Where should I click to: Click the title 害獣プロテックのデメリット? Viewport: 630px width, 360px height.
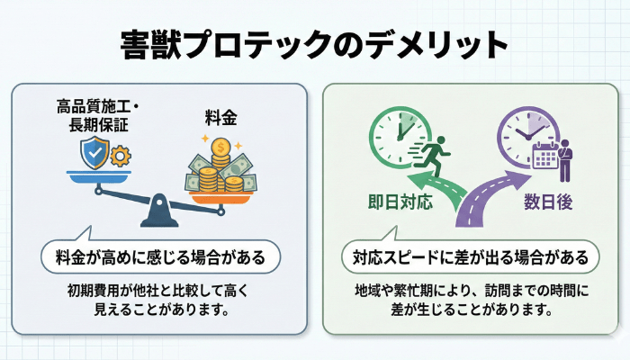coord(314,43)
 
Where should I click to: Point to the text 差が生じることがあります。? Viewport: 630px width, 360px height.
coord(471,310)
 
